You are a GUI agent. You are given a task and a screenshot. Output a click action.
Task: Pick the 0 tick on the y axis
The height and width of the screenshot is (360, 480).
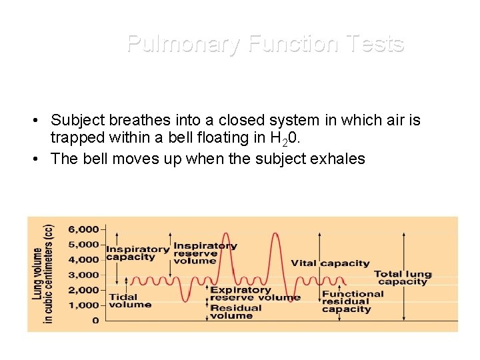point(95,321)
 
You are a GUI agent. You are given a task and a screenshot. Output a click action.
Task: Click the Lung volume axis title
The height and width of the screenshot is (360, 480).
point(43,273)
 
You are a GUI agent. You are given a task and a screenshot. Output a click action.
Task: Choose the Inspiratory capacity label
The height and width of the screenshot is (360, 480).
point(137,253)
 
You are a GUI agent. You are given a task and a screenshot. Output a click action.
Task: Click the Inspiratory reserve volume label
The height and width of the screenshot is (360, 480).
point(205,253)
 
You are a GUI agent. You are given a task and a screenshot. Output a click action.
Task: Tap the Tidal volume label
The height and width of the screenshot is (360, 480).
point(129,301)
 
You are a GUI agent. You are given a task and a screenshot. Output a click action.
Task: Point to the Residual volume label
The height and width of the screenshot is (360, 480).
point(236,312)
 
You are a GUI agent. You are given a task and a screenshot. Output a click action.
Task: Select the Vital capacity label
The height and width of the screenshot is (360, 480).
point(330,263)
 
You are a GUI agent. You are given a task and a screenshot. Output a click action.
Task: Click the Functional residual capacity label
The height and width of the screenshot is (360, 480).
point(353,301)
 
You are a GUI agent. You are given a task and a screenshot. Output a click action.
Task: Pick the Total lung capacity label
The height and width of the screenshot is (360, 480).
point(403,278)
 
